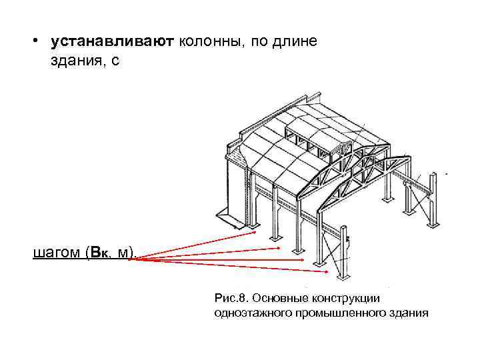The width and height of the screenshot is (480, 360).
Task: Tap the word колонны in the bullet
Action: pyautogui.click(x=209, y=42)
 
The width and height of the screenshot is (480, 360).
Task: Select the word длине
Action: pyautogui.click(x=299, y=42)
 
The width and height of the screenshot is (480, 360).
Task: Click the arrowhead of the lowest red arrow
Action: pyautogui.click(x=326, y=271)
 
